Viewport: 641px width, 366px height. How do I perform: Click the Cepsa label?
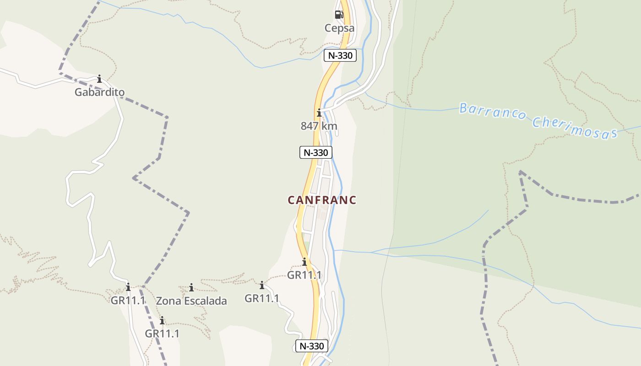[339, 28]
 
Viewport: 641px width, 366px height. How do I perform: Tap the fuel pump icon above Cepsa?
[339, 15]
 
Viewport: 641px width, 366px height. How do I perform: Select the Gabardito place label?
[99, 92]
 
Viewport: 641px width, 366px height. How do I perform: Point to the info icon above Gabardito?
[99, 79]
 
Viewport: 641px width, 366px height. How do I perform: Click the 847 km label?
[319, 126]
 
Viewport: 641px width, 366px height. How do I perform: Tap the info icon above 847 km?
[319, 113]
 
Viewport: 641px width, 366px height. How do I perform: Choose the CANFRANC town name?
[322, 200]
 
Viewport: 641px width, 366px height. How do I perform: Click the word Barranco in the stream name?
[493, 111]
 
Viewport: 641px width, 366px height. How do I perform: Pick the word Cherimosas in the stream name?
[575, 127]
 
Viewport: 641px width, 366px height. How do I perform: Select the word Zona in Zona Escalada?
[168, 301]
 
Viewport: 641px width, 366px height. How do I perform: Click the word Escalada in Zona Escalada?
[205, 301]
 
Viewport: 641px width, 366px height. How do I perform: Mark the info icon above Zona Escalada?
[191, 288]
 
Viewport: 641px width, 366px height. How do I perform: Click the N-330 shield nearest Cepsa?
[340, 55]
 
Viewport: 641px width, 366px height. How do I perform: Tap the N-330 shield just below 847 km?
[316, 152]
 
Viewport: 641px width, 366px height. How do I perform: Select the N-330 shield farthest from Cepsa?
[312, 346]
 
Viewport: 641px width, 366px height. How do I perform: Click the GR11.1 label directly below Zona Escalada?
[162, 334]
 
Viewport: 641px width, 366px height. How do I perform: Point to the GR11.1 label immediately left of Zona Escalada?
[128, 301]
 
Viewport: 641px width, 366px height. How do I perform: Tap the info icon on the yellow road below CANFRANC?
[304, 262]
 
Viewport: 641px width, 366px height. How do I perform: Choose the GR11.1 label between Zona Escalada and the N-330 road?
[262, 298]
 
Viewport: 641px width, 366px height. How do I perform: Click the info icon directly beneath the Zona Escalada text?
[162, 320]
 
